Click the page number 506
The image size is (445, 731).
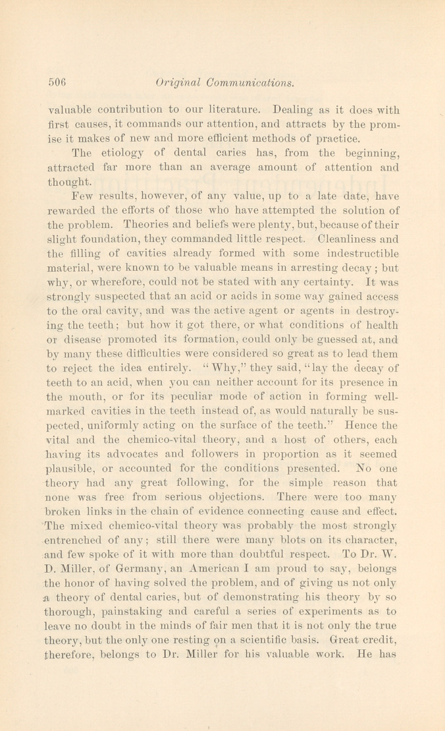(59, 83)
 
